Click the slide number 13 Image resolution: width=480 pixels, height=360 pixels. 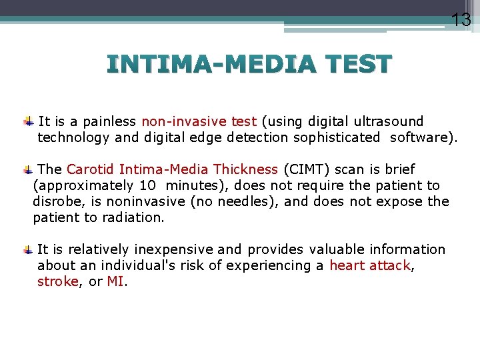point(461,20)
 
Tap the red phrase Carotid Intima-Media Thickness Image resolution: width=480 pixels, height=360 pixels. point(172,169)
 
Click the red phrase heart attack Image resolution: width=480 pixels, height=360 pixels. point(370,265)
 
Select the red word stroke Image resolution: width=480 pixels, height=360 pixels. point(57,281)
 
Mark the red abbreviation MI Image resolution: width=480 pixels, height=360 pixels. point(115,281)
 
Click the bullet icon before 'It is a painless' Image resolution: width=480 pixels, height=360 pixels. point(28,122)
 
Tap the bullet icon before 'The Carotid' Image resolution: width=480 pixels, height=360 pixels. point(28,170)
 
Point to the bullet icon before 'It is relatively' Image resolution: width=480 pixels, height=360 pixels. point(28,250)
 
